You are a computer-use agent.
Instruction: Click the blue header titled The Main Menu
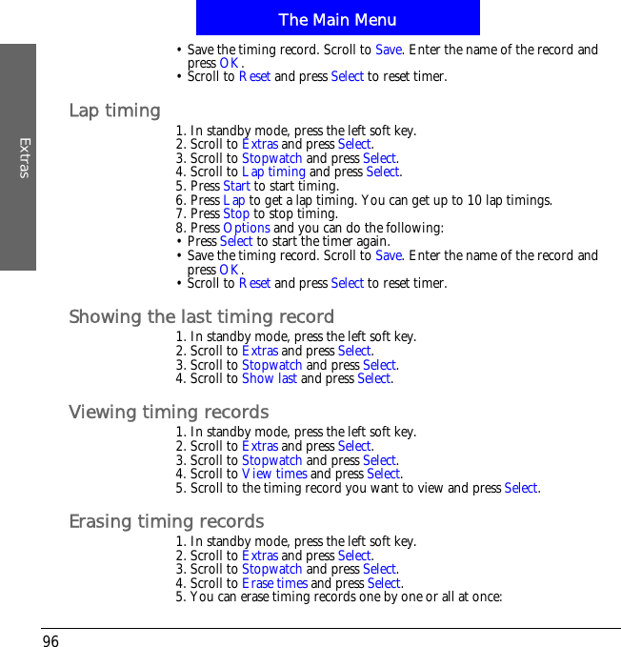click(337, 19)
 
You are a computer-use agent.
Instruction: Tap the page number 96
click(50, 641)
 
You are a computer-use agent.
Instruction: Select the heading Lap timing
click(114, 111)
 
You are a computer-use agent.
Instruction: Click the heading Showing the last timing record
click(201, 316)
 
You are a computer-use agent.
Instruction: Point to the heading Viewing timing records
click(169, 412)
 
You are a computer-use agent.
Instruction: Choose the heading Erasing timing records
click(167, 521)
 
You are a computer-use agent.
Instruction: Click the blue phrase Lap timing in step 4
click(273, 172)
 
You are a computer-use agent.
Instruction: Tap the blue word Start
click(236, 186)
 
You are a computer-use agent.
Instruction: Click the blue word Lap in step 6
click(233, 200)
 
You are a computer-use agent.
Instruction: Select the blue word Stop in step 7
click(236, 213)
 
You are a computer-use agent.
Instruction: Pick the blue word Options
click(247, 228)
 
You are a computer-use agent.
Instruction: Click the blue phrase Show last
click(270, 378)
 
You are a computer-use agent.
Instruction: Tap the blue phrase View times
click(274, 474)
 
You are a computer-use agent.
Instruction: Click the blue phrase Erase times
click(274, 583)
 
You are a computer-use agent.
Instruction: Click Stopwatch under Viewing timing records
click(272, 460)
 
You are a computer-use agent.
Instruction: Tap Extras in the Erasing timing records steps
click(260, 556)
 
